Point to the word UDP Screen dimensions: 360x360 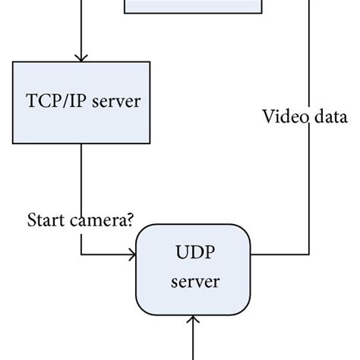pos(194,252)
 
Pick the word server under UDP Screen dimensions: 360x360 pos(194,283)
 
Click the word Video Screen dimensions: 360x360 pos(282,118)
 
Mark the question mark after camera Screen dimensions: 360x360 pos(131,220)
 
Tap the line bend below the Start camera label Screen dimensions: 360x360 pos(81,255)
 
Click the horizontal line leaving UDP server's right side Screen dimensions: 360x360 pos(281,255)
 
